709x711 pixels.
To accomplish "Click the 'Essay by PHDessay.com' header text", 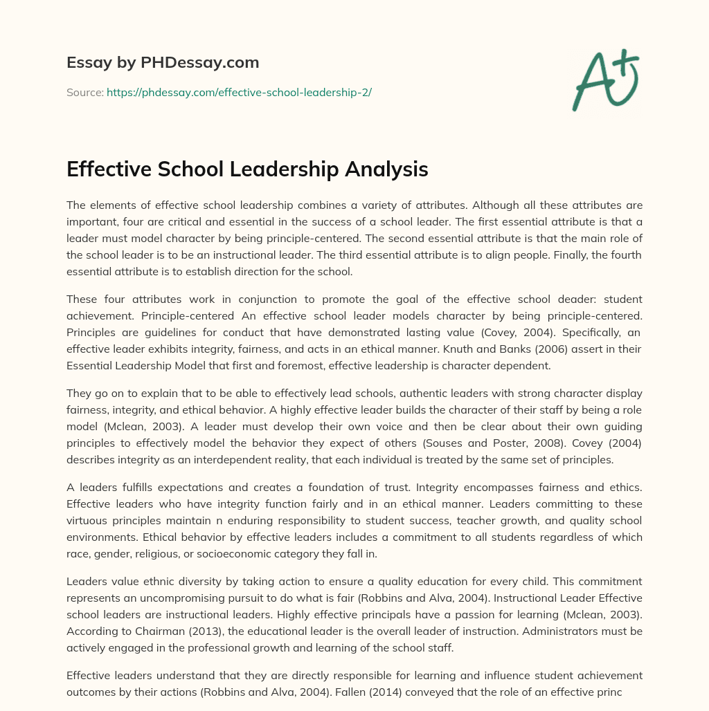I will pos(163,63).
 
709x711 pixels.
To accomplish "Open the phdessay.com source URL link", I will pos(239,92).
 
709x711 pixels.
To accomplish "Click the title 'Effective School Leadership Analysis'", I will pos(247,169).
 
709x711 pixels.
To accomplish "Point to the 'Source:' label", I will pos(85,92).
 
